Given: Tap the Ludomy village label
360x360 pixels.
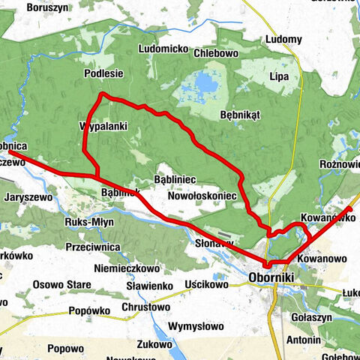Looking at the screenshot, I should pyautogui.click(x=284, y=40).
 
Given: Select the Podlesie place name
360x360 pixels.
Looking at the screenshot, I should pyautogui.click(x=103, y=73).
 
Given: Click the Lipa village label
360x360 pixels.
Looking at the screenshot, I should pyautogui.click(x=279, y=77).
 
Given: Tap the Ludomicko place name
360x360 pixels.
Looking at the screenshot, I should pyautogui.click(x=163, y=49).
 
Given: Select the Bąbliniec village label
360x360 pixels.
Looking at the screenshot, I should pyautogui.click(x=174, y=180).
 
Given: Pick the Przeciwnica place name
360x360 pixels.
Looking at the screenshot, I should pyautogui.click(x=93, y=245).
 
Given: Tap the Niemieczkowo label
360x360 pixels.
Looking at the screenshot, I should pyautogui.click(x=127, y=268).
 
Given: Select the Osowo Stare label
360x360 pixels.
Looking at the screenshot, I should pyautogui.click(x=61, y=285).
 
